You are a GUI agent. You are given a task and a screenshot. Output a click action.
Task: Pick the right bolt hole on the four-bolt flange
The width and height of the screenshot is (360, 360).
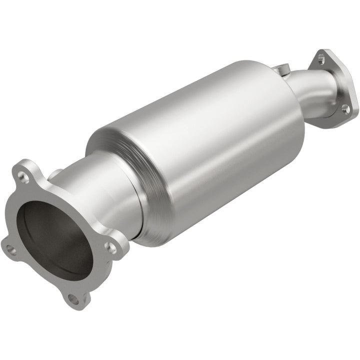pyautogui.click(x=112, y=247)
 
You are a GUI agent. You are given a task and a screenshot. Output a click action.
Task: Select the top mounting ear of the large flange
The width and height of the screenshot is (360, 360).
pyautogui.click(x=25, y=170)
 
